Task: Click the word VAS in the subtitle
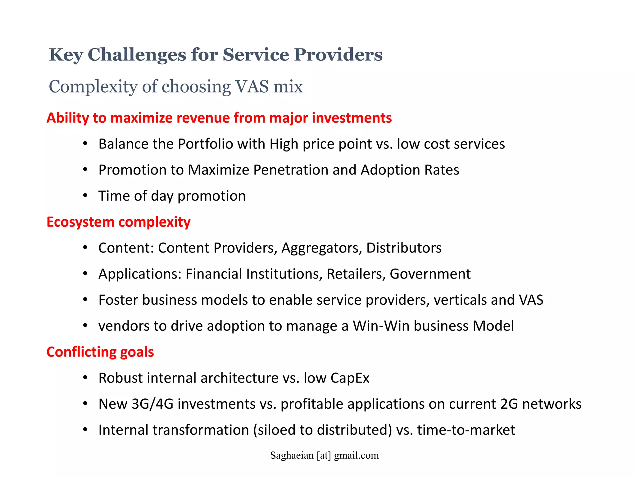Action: pos(252,86)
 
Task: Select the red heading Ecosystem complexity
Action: pos(118,222)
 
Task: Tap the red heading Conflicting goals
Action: pos(100,352)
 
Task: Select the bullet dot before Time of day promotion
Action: pos(85,196)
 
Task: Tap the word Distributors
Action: pos(404,248)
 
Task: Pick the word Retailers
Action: pos(356,274)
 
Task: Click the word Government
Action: pos(430,274)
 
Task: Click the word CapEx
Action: pos(350,378)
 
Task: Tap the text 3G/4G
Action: pos(152,404)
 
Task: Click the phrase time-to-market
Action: pos(466,430)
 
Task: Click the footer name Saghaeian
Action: pos(292,456)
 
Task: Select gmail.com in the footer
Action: pos(356,456)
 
